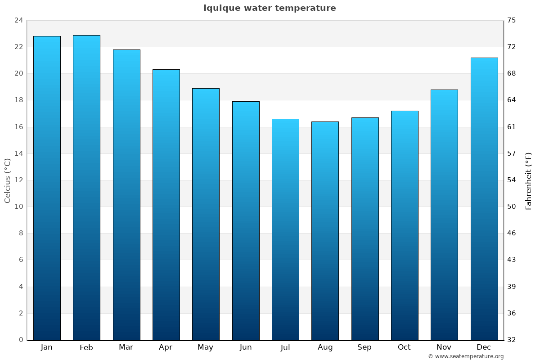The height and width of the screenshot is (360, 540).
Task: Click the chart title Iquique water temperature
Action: pos(270,8)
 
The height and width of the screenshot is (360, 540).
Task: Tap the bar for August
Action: pos(325,230)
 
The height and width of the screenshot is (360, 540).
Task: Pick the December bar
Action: pos(484,198)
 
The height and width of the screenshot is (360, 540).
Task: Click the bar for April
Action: pos(166,204)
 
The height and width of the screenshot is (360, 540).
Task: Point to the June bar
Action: pos(246,220)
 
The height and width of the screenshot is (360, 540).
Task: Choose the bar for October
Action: pos(405,225)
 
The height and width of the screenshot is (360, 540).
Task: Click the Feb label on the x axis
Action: pos(86,347)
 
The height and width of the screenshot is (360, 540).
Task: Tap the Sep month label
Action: pos(364,347)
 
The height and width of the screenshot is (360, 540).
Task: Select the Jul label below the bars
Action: pos(285,347)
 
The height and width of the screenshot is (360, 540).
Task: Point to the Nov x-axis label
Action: pos(444,347)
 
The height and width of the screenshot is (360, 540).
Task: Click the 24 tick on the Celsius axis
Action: pos(18,20)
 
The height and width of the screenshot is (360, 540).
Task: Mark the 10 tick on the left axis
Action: pos(18,207)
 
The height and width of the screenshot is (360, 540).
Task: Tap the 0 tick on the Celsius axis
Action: pos(21,340)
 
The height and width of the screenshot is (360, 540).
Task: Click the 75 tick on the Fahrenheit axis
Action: pos(512,20)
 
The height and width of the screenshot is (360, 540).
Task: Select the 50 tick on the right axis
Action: pos(512,207)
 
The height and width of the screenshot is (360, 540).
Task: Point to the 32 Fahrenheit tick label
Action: pos(512,340)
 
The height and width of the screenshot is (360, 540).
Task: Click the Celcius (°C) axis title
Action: pos(7,180)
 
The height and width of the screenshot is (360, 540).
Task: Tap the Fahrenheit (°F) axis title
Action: pos(529,180)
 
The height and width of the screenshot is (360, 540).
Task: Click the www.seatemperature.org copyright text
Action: pos(466,356)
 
